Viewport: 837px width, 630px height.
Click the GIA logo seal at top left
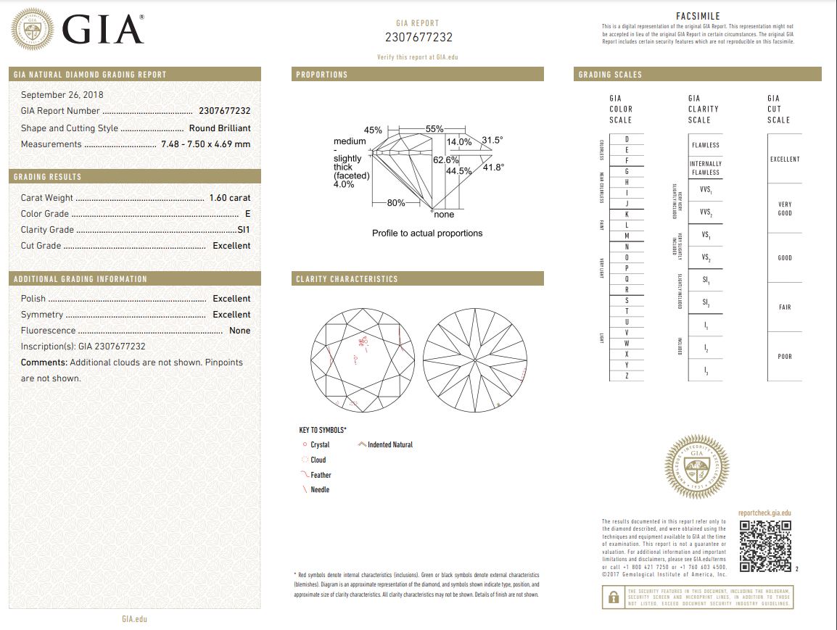[32, 29]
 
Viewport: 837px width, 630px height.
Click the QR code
[765, 546]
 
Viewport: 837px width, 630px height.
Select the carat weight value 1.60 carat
[229, 198]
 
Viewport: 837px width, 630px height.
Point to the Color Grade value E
[248, 214]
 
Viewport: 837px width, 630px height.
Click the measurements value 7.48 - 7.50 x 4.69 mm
[206, 144]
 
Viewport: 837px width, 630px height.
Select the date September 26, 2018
[62, 95]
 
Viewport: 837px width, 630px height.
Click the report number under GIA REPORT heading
[418, 38]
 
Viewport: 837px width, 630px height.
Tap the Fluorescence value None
[239, 331]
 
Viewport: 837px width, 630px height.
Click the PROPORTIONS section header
[322, 75]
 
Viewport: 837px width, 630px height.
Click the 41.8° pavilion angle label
[493, 167]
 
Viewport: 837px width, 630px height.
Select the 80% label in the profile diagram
[396, 203]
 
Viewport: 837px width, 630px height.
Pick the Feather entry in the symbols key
[321, 475]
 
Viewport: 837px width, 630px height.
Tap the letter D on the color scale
[627, 139]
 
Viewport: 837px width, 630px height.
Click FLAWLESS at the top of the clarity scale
[705, 145]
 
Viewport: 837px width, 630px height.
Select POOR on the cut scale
[785, 357]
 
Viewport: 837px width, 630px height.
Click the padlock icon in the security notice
[614, 597]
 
